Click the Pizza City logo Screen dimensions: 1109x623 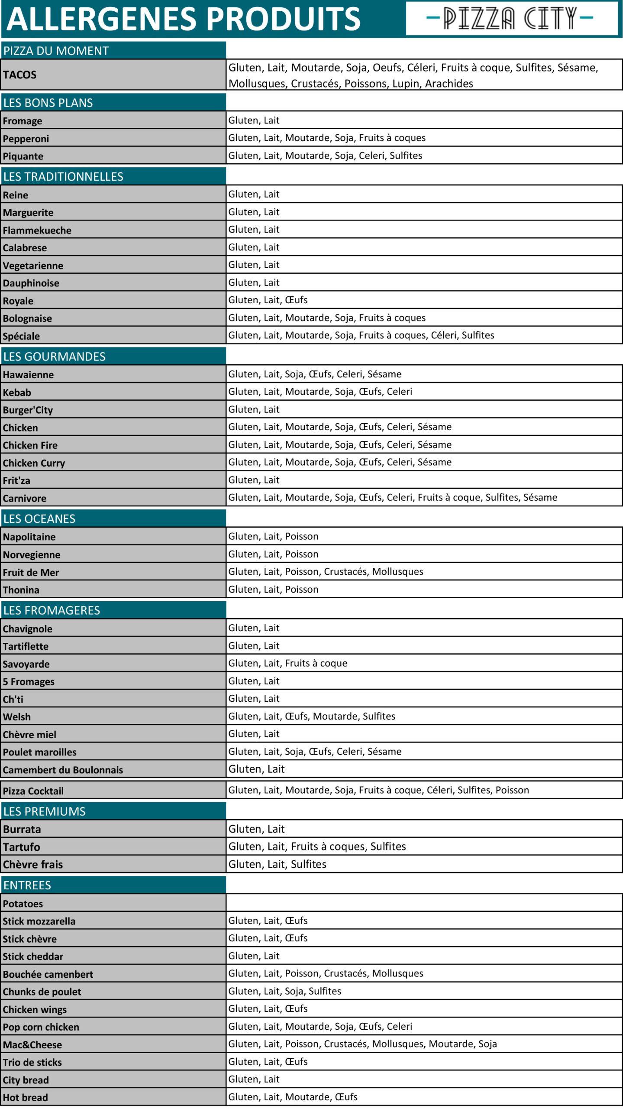[x=511, y=19]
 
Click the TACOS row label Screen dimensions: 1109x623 [x=20, y=75]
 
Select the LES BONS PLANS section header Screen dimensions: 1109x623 [x=48, y=103]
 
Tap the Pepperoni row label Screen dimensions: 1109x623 [x=26, y=139]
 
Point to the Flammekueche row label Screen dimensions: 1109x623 [x=37, y=230]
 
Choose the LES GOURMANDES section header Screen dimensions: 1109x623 [x=55, y=357]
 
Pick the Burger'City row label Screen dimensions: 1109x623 [x=28, y=410]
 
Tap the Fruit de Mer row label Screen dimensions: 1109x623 [x=31, y=572]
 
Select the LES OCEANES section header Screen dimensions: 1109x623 [x=39, y=519]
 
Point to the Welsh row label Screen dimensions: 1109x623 [x=17, y=717]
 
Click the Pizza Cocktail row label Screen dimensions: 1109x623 [x=33, y=791]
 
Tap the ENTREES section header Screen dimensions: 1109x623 [x=27, y=885]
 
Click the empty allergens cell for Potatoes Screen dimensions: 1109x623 [x=424, y=903]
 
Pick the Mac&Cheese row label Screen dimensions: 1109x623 [x=32, y=1045]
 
